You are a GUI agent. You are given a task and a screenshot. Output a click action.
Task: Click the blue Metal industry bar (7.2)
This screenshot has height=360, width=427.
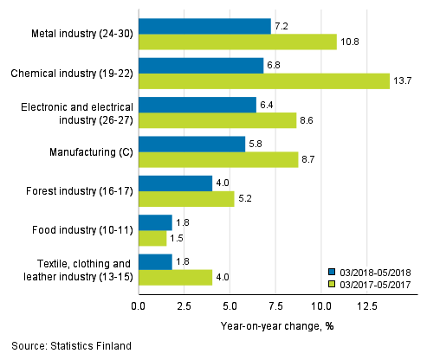point(204,26)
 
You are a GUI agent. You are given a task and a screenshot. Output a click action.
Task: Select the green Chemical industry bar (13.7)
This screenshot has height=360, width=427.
point(264,80)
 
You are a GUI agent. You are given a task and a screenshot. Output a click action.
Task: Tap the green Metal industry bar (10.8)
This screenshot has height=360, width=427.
point(237,42)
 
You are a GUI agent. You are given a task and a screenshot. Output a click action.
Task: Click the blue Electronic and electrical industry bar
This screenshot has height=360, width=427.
point(197,105)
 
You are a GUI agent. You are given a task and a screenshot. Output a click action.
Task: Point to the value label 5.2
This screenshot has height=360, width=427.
point(247,198)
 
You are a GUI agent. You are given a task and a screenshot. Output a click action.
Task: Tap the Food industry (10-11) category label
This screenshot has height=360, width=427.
point(84,229)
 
